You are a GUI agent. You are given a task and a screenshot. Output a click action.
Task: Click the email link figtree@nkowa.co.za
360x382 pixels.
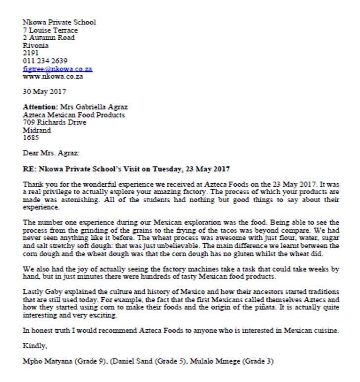(58, 69)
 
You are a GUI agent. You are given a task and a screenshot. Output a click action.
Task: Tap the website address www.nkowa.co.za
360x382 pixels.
(53, 77)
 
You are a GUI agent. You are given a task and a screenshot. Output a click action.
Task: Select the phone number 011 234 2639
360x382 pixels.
(45, 61)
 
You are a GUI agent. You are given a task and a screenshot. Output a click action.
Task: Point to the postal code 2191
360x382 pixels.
(30, 53)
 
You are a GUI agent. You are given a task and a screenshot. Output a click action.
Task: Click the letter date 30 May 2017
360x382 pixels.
(45, 92)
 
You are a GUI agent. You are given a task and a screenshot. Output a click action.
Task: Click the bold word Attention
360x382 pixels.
(40, 107)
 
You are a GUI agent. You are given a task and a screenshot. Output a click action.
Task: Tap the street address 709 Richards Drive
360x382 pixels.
(55, 122)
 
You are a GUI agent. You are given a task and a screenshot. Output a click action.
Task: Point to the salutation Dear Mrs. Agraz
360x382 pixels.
(51, 154)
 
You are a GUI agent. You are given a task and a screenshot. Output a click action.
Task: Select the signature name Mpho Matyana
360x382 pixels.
(48, 361)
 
